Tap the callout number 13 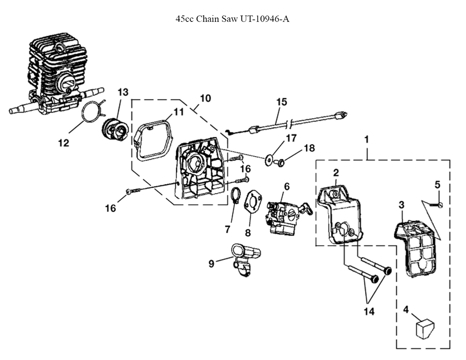coord(123,92)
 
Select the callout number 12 coord(63,143)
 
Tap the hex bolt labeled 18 coord(280,162)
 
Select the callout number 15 coord(281,102)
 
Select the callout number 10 coord(206,98)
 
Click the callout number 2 coord(336,172)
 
